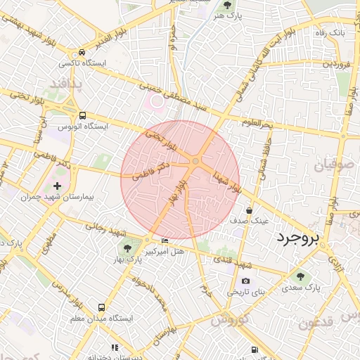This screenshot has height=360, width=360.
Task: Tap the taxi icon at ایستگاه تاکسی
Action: coord(83,53)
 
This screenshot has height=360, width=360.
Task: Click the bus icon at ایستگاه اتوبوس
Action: coord(83,115)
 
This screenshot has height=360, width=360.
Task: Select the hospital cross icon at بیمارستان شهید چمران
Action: coord(58,186)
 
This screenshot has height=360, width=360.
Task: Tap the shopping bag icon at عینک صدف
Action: coord(250,210)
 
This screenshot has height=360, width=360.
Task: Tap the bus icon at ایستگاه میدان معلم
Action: coord(101,307)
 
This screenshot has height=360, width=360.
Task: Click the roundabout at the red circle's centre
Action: coord(195,162)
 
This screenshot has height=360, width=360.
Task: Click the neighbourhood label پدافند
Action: coord(66,84)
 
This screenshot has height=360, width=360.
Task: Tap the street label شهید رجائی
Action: coord(106,230)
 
